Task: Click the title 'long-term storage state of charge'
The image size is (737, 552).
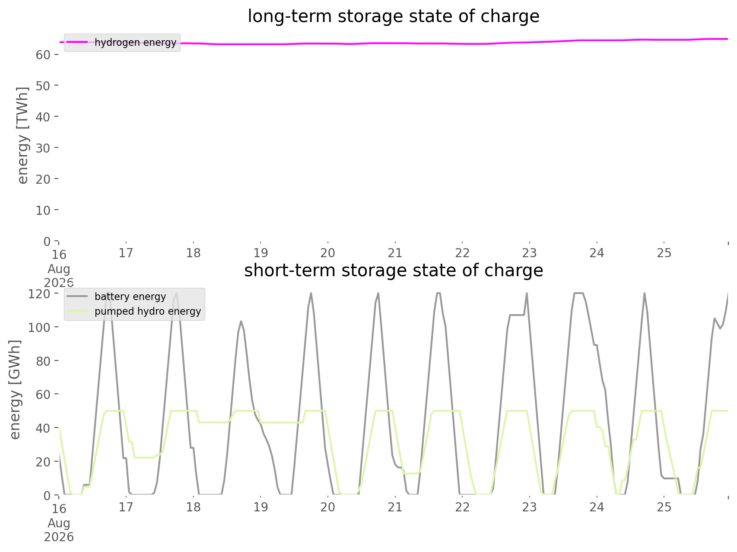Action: click(394, 16)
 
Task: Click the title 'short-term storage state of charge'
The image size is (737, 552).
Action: click(394, 271)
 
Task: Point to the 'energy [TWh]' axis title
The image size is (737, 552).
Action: click(23, 135)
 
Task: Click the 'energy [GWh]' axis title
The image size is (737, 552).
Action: click(15, 389)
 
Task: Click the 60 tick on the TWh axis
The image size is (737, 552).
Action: click(48, 54)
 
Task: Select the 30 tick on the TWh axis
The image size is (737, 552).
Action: click(48, 148)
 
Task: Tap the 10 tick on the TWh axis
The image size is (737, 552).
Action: click(48, 210)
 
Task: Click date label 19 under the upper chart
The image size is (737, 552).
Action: click(260, 253)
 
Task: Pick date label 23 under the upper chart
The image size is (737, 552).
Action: click(530, 253)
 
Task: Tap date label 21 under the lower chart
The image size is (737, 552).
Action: click(395, 507)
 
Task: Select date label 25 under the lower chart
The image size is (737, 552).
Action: click(664, 507)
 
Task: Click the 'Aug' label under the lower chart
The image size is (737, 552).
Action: click(59, 523)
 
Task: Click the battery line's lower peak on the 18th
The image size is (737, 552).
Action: click(241, 321)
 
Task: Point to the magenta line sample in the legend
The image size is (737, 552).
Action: click(77, 42)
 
